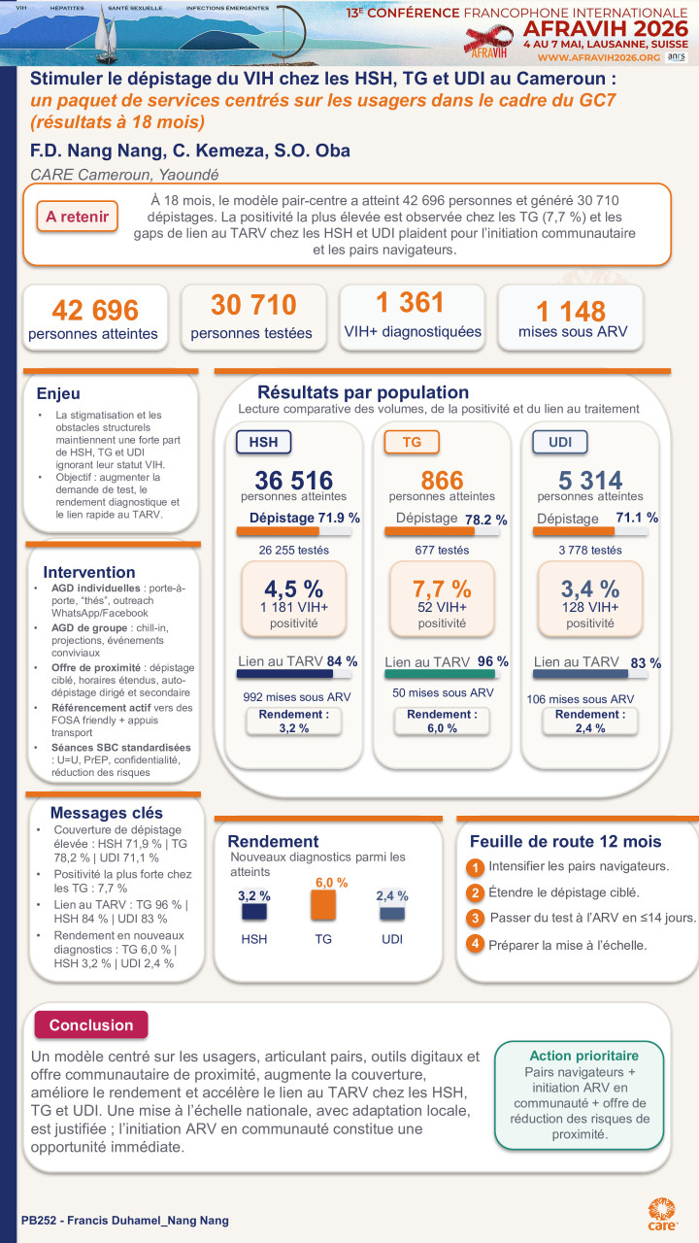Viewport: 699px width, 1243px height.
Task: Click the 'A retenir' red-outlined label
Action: [77, 217]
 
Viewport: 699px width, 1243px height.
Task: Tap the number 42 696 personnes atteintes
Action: [95, 311]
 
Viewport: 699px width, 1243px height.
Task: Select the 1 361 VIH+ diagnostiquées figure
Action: [412, 303]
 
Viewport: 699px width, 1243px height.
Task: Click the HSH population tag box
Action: [263, 442]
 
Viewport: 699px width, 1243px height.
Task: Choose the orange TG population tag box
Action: [412, 442]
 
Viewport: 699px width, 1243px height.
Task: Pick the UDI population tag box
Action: [559, 442]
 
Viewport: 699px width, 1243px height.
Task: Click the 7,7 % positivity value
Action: [442, 588]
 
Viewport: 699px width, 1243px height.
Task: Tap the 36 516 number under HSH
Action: [294, 480]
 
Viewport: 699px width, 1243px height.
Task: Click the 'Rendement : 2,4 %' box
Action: [590, 721]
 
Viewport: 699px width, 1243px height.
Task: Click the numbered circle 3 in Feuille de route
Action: [475, 919]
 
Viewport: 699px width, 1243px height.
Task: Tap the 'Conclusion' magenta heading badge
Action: [91, 1025]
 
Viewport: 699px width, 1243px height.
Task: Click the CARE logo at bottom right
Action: [662, 1211]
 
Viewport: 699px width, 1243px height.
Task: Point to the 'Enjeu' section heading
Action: [58, 394]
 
